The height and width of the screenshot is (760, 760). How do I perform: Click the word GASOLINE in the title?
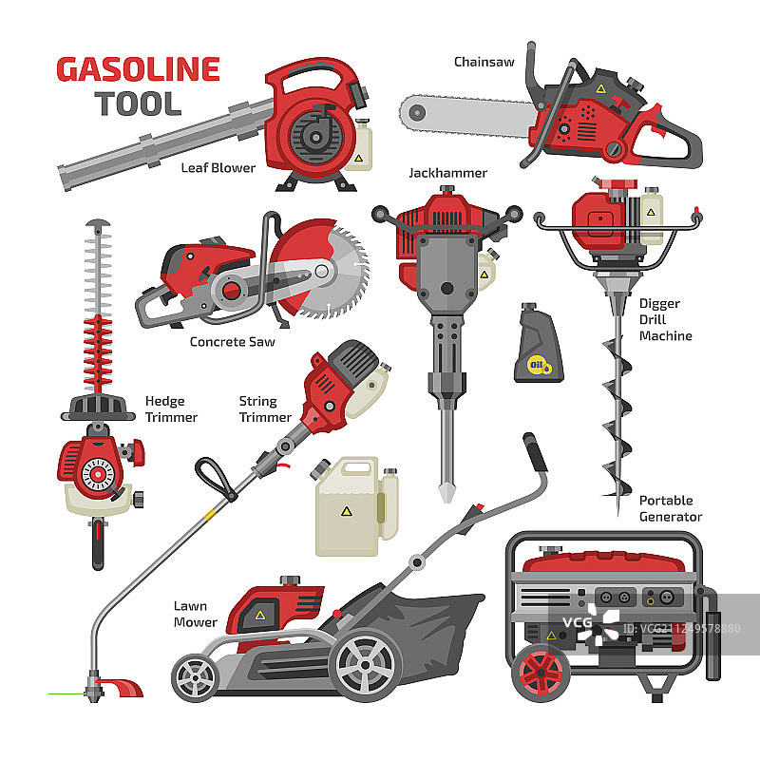pyautogui.click(x=138, y=69)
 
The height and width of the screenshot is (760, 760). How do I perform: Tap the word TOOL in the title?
pyautogui.click(x=138, y=104)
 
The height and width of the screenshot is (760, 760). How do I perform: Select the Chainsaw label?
pyautogui.click(x=484, y=62)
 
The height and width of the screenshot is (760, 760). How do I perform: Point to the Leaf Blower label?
pyautogui.click(x=218, y=168)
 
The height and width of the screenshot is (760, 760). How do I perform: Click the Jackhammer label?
pyautogui.click(x=447, y=173)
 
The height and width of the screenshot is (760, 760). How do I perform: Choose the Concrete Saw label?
pyautogui.click(x=232, y=342)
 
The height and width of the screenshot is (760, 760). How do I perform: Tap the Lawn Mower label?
pyautogui.click(x=196, y=614)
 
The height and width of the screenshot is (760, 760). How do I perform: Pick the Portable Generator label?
pyautogui.click(x=671, y=508)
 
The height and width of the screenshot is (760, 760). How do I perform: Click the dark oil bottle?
pyautogui.click(x=539, y=343)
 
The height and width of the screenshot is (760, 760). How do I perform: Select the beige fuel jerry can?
pyautogui.click(x=356, y=506)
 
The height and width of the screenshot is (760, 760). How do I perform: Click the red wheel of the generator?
pyautogui.click(x=541, y=673)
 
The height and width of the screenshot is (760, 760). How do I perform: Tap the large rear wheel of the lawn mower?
pyautogui.click(x=365, y=665)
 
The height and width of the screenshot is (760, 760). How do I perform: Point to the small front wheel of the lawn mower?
pyautogui.click(x=196, y=677)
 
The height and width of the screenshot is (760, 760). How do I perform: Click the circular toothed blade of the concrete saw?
pyautogui.click(x=334, y=273)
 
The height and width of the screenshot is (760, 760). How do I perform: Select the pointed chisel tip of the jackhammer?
pyautogui.click(x=446, y=492)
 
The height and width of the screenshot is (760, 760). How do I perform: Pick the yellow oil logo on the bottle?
pyautogui.click(x=539, y=366)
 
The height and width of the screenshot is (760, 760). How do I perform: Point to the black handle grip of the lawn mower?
pyautogui.click(x=535, y=452)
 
